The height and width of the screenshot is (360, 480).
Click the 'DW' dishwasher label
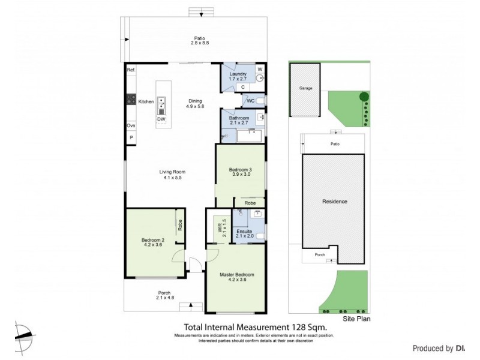point(161,119)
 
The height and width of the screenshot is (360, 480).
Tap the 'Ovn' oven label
point(130,125)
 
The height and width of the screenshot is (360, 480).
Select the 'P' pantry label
point(130,138)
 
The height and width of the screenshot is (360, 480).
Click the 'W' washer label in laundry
point(260,70)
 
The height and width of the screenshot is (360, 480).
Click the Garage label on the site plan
point(306,88)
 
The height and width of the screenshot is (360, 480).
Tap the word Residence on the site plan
point(335,202)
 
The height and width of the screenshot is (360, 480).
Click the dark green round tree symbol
point(363,97)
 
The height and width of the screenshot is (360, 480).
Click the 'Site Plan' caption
point(356,319)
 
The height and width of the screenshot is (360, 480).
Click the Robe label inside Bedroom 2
point(180,226)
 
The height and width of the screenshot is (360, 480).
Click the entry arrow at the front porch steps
point(191,305)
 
